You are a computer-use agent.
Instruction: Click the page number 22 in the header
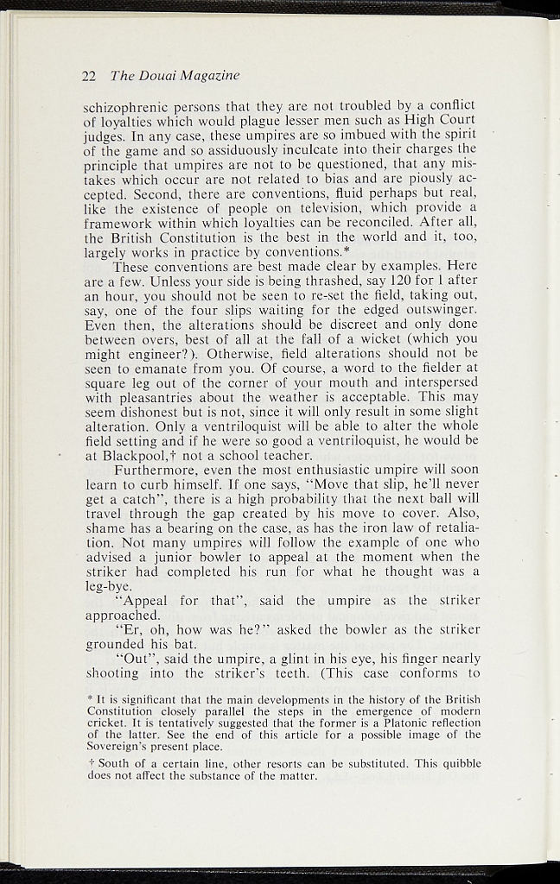point(88,76)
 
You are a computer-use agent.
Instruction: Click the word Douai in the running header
point(152,76)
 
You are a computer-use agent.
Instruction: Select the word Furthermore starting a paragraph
point(158,469)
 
